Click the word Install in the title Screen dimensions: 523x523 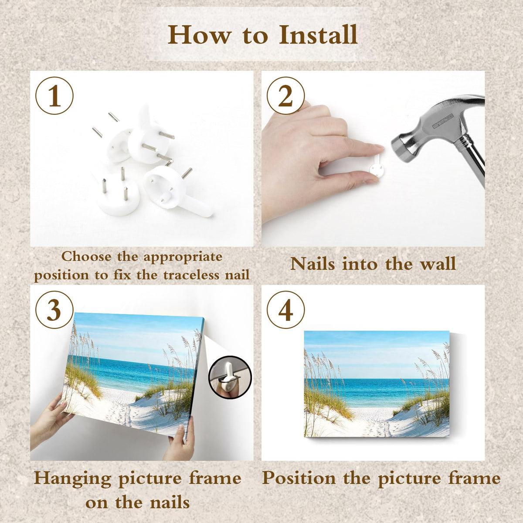pyautogui.click(x=318, y=35)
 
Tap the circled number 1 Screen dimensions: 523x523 pyautogui.click(x=54, y=95)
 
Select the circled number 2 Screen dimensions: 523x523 pyautogui.click(x=285, y=95)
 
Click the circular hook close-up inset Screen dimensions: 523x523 pyautogui.click(x=230, y=377)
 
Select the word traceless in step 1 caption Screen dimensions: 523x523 pyautogui.click(x=191, y=275)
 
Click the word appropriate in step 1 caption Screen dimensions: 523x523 pyautogui.click(x=183, y=257)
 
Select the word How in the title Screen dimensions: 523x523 pyautogui.click(x=200, y=35)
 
